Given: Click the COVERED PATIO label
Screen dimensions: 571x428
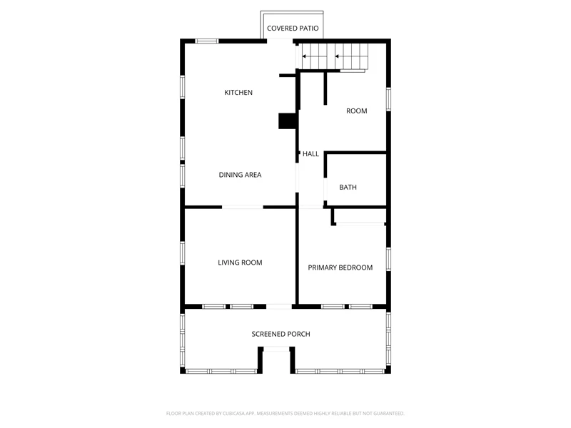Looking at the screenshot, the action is click(x=293, y=29).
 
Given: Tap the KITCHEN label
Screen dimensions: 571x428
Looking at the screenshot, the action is click(x=238, y=93).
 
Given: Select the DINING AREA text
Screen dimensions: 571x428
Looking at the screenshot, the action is click(x=240, y=175).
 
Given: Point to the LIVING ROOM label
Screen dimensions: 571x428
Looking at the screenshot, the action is click(x=240, y=263).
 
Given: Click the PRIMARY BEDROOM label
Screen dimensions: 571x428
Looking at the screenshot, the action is click(x=340, y=267).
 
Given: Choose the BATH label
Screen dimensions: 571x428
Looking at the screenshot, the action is click(x=348, y=187).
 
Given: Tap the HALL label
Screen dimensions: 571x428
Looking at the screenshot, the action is click(x=310, y=154).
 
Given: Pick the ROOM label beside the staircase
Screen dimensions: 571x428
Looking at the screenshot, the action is click(x=356, y=111).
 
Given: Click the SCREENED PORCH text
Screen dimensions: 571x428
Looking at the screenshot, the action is click(x=281, y=334).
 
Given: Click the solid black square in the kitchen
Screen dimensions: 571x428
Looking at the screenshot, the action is click(x=288, y=121).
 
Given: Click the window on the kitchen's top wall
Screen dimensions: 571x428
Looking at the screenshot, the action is click(x=207, y=41).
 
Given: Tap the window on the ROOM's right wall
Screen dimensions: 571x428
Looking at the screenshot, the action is click(x=388, y=99).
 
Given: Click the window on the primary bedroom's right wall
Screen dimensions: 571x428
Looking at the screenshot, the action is click(x=388, y=259).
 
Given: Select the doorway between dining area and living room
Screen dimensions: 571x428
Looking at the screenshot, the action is click(x=243, y=207).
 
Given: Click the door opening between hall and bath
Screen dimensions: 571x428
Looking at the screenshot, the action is click(x=325, y=189).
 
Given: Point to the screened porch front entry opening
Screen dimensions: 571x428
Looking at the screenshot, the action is click(x=276, y=350).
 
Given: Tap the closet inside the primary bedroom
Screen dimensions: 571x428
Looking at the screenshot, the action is click(x=360, y=216).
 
